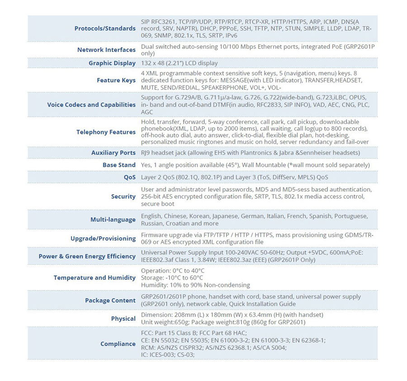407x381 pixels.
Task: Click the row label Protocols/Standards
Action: pos(105,29)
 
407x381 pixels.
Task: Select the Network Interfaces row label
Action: pos(106,50)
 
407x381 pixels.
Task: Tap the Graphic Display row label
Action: pos(112,63)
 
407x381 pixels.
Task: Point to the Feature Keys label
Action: pos(116,81)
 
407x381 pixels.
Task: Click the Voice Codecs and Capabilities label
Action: pos(91,105)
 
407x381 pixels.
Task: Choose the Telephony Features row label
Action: pos(106,132)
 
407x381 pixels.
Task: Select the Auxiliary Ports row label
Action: pos(113,153)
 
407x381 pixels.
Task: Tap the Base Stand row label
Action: pos(119,165)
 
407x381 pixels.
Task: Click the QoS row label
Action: pos(130,177)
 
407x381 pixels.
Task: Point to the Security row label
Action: pos(123,197)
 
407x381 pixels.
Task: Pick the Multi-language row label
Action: pos(113,220)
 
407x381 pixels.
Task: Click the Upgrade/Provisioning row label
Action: pos(103,238)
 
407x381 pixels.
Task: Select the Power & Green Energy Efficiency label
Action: pos(87,257)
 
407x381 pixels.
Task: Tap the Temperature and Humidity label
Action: pos(95,278)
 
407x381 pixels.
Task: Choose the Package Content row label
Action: pos(110,300)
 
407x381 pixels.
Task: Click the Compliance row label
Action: pos(118,344)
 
